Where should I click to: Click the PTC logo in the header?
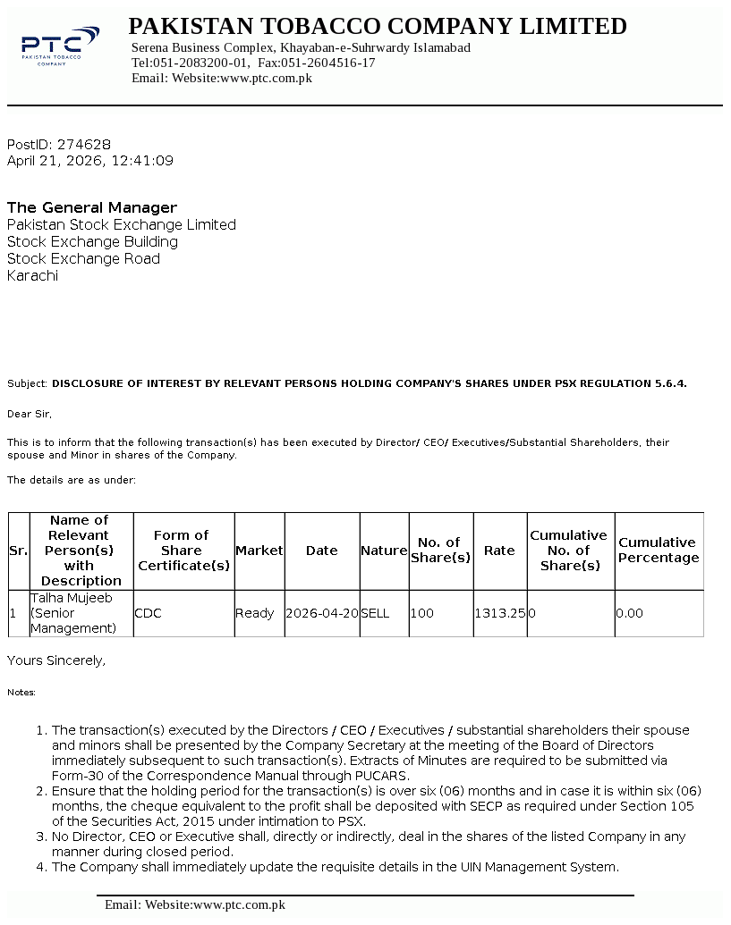coord(60,46)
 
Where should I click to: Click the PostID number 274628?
coord(84,145)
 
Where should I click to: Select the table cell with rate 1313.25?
coord(499,614)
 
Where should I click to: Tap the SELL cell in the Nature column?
coord(375,614)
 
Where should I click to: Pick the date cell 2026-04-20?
coord(322,614)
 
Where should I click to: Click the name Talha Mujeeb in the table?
coord(72,598)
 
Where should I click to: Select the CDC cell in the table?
coord(148,614)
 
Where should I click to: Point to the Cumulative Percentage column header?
coord(659,551)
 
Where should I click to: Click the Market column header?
coord(259,551)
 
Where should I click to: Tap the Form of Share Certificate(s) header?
coord(183,551)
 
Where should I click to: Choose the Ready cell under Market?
coord(254,614)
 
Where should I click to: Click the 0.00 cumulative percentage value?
coord(630,614)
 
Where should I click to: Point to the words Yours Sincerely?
coord(56,660)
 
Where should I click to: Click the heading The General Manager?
coord(92,208)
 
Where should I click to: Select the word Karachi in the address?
coord(33,276)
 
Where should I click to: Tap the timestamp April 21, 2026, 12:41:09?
coord(90,162)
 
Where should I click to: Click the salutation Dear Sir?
coord(30,415)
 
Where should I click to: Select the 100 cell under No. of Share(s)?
coord(422,614)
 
